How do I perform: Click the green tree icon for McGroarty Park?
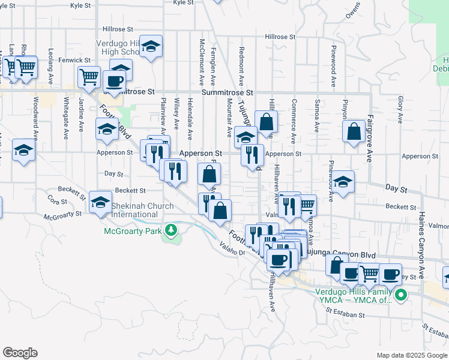[x=172, y=230]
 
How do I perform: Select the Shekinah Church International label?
[x=142, y=210]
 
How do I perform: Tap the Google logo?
[x=20, y=353]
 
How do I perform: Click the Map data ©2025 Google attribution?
[x=411, y=355]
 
